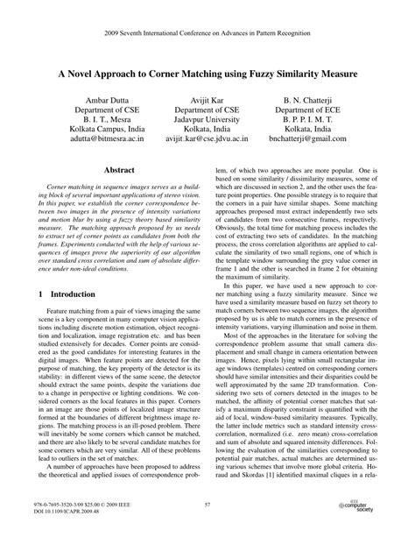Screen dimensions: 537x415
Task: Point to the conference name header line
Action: (207, 16)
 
